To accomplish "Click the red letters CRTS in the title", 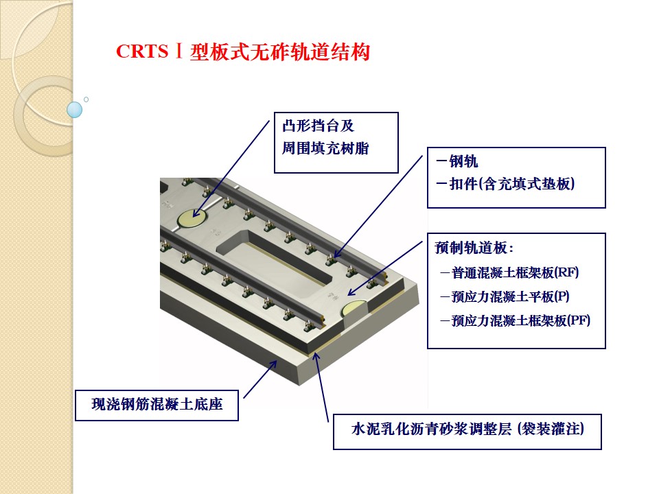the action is point(142,51).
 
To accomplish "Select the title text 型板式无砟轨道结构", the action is point(280,52).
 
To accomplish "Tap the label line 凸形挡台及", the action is point(318,126).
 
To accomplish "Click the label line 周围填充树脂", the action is point(325,148).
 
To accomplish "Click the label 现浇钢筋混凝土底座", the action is point(157,404).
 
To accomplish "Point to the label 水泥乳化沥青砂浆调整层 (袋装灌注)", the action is point(467,430).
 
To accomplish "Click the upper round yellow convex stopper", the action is point(192,218).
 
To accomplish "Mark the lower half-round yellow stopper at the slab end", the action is point(354,308).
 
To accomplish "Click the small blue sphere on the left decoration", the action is point(75,110).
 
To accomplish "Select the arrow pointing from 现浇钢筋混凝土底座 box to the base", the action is point(260,379).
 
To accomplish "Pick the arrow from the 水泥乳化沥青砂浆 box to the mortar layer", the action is point(321,387).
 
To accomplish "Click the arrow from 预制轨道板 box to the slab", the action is point(384,268).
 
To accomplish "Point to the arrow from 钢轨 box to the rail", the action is point(378,207).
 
